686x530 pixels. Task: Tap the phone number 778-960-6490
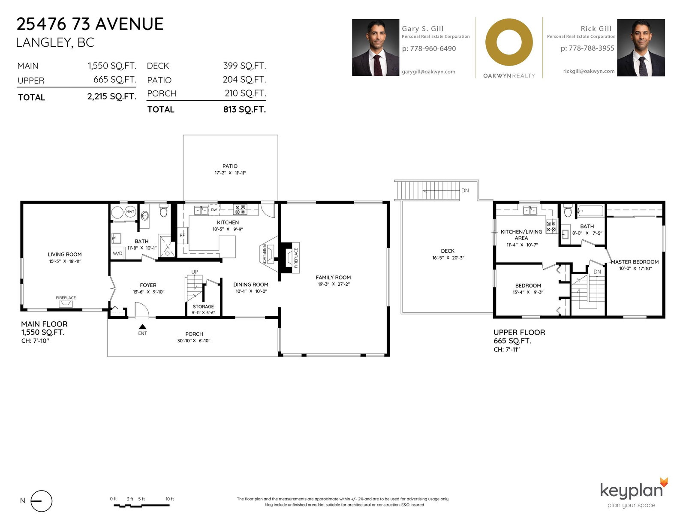(433, 48)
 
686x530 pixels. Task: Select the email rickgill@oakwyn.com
(589, 71)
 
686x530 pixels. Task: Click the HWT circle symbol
(130, 212)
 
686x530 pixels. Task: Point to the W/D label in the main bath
(117, 253)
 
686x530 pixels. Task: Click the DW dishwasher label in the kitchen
(214, 210)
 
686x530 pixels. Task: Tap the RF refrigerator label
(182, 235)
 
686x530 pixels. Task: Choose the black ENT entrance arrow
(142, 327)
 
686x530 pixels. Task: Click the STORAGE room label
(203, 307)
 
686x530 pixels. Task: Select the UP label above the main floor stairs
(195, 272)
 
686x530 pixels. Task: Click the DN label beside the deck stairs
(465, 191)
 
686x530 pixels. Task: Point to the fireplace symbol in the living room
(66, 304)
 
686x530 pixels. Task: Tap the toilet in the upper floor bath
(568, 211)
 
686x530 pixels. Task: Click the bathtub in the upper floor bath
(590, 211)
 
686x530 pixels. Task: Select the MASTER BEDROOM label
(635, 262)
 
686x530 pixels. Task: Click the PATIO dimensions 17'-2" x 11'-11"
(230, 173)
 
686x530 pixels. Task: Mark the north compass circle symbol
(41, 501)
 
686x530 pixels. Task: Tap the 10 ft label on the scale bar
(169, 499)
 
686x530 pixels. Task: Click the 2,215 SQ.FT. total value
(112, 96)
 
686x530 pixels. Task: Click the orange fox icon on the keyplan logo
(664, 482)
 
